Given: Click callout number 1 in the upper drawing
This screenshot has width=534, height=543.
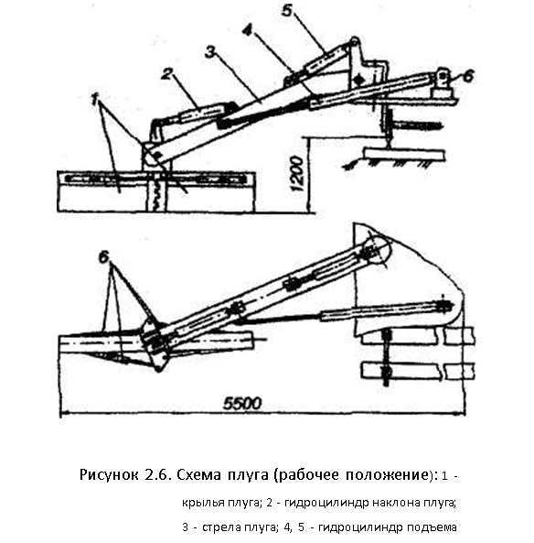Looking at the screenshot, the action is tap(95, 100).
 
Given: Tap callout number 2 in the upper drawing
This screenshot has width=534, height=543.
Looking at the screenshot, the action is tap(167, 74).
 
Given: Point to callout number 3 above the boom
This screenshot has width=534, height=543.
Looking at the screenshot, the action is tap(210, 52).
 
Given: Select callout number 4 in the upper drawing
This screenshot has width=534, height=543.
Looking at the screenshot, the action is tap(247, 31).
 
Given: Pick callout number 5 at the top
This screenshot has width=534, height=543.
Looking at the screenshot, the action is tap(286, 10).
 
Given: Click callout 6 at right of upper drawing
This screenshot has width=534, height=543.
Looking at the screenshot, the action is tap(468, 77).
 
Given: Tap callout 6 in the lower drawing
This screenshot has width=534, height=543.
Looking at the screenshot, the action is tap(103, 257).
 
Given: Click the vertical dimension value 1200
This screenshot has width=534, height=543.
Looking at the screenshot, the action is tap(297, 174).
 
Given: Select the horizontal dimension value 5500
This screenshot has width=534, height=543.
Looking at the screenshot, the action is tap(242, 404).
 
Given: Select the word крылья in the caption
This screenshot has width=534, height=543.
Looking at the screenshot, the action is tap(204, 503).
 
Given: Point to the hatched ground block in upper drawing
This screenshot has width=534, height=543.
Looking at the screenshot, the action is tap(404, 155).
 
